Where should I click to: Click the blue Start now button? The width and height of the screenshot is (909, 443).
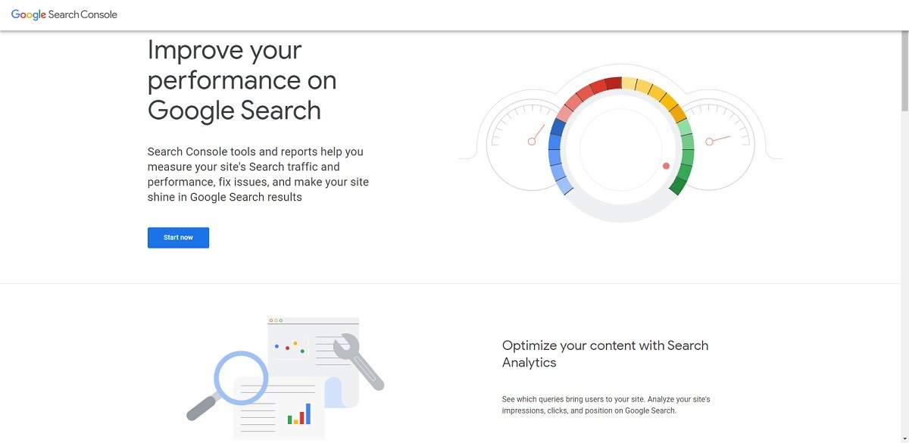click(178, 238)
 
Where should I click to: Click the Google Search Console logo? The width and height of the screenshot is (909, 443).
click(64, 14)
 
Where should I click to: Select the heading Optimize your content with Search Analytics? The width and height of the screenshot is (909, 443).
click(604, 354)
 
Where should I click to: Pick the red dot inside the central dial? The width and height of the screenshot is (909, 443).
click(667, 166)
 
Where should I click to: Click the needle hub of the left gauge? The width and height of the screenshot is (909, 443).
click(532, 142)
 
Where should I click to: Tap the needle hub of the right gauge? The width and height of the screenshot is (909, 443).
click(709, 142)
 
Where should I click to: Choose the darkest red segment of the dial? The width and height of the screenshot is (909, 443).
click(614, 83)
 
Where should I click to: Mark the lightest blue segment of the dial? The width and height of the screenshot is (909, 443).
click(564, 184)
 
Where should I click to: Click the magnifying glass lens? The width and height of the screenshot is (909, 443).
click(241, 377)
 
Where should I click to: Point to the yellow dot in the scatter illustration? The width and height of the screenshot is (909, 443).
click(295, 344)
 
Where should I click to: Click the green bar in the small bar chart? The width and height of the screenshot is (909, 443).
click(290, 419)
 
